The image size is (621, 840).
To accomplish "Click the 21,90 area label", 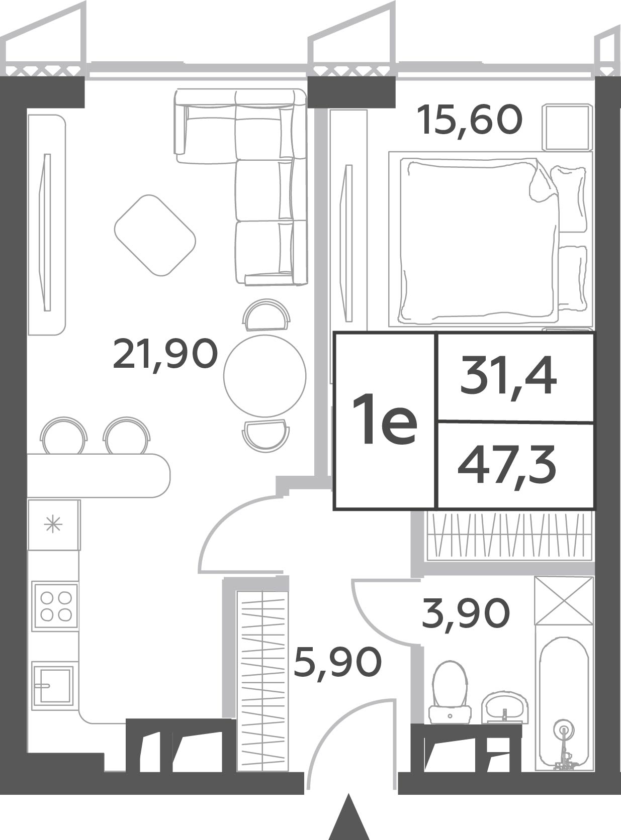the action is point(165,354).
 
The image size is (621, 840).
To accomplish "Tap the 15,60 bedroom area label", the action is point(469,121).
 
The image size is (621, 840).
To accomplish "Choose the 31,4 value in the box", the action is point(508,376).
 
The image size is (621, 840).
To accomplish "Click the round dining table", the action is point(264,375).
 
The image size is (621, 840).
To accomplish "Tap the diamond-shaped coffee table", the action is point(155,235).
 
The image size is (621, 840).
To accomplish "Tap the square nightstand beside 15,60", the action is point(568,127).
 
